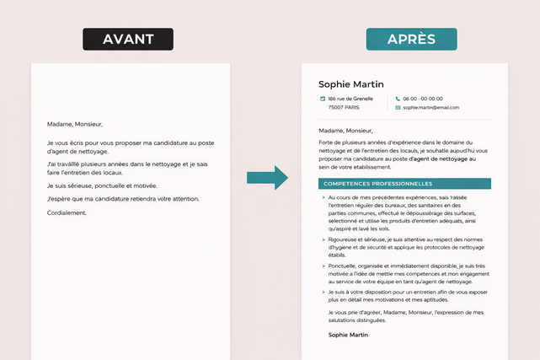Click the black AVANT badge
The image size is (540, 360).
(127, 40)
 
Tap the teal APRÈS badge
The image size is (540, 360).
(411, 40)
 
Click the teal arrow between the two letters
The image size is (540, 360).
(267, 177)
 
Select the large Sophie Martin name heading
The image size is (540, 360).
(351, 84)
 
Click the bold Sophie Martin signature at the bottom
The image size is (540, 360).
(348, 335)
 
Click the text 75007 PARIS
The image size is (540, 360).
(344, 107)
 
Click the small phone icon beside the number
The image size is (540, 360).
(398, 99)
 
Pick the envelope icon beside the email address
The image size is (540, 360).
(398, 107)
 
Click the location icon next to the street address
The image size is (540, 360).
(323, 99)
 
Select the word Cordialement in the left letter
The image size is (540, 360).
(67, 212)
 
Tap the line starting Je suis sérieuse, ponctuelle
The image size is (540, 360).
(102, 185)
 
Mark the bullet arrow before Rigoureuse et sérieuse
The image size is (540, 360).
(323, 239)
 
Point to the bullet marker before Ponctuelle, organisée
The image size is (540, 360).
(323, 266)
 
